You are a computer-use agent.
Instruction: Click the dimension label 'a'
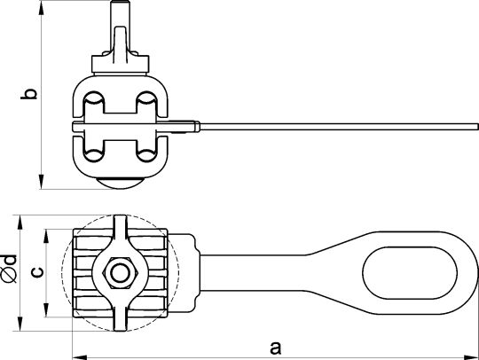point(275,348)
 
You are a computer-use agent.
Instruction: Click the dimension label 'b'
point(29,94)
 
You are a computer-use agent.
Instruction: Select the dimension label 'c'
point(37,271)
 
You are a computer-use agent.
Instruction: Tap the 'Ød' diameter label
point(9,268)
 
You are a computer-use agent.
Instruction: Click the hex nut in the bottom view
point(120,273)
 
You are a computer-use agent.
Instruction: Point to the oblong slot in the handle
point(410,273)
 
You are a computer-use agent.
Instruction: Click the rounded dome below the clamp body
point(120,184)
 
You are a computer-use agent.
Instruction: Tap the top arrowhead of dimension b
point(41,8)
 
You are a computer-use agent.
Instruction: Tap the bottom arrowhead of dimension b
point(41,182)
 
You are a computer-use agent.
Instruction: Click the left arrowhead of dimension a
point(80,357)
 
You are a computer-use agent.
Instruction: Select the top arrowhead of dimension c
point(46,237)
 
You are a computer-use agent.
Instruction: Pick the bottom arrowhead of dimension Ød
point(20,324)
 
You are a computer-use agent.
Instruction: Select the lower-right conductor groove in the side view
point(146,155)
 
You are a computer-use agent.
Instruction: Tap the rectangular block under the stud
point(121,64)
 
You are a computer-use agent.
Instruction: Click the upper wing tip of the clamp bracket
point(121,223)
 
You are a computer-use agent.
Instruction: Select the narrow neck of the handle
point(254,273)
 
